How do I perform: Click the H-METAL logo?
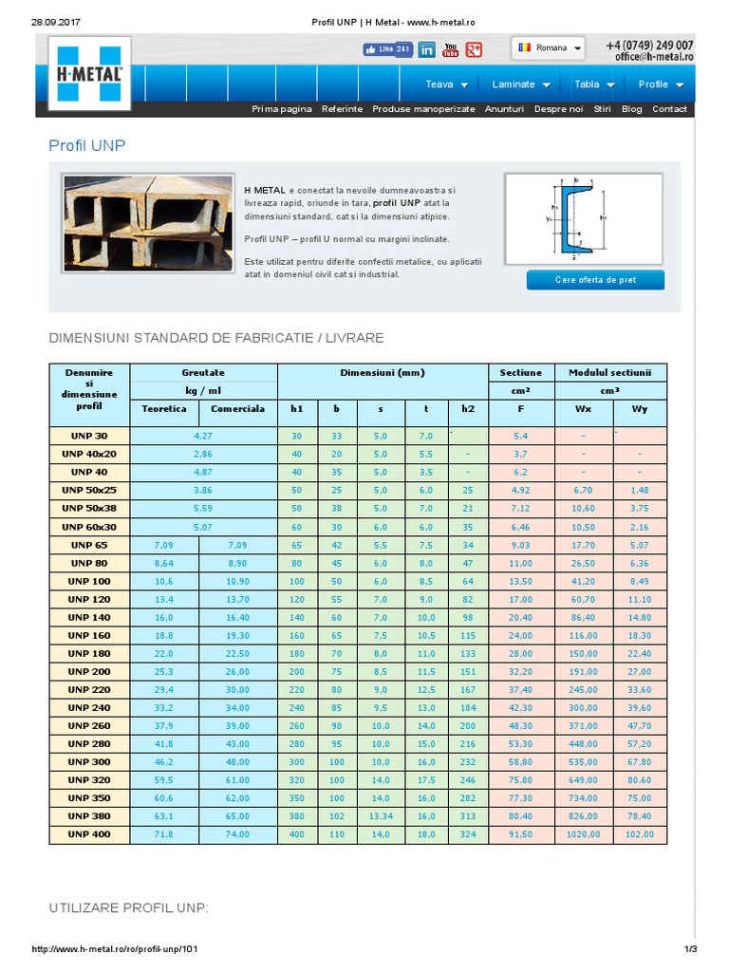coord(87,73)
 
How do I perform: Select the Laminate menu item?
coord(521,84)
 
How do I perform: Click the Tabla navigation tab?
coord(594,84)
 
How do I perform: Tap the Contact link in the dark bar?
coord(669,109)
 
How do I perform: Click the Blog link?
coord(631,109)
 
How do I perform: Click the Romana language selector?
coord(549,47)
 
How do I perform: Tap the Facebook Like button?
coord(387,49)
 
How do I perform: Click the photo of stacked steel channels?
coord(147,223)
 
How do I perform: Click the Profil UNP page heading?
coord(87,145)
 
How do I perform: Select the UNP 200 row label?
coord(88,671)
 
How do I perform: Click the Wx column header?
coord(583,409)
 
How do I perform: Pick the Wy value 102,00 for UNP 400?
coord(639,834)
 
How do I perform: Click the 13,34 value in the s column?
coord(381,816)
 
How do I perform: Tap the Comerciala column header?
coord(237,409)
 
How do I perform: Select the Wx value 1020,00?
coord(583,834)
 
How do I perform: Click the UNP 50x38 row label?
coord(88,508)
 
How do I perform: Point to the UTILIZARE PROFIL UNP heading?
coord(128,908)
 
